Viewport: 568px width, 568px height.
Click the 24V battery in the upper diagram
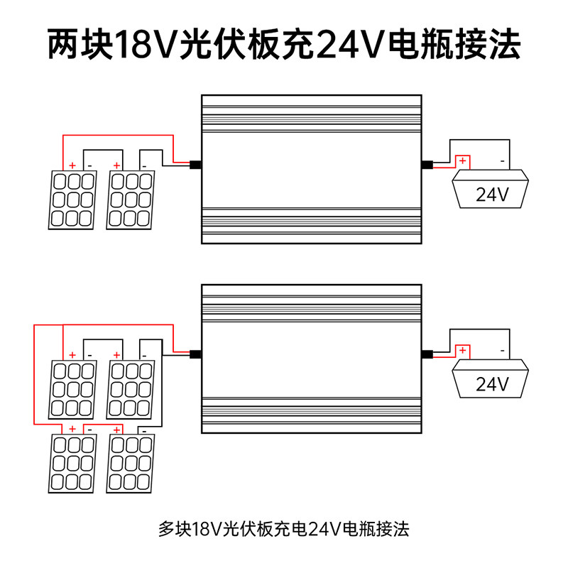pos(490,189)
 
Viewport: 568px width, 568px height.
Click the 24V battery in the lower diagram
pos(490,378)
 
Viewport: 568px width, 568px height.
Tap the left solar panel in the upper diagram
pos(72,200)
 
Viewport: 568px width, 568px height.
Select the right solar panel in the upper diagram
pos(131,200)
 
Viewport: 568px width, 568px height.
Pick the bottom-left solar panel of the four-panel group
pos(72,464)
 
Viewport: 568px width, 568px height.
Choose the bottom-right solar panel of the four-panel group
pos(131,464)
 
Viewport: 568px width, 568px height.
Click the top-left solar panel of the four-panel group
pos(72,390)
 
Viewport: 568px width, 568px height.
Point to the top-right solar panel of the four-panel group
pos(131,390)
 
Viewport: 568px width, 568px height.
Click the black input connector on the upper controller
pos(196,165)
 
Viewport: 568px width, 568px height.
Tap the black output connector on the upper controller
pos(427,165)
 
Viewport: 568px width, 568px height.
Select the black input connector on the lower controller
pos(196,354)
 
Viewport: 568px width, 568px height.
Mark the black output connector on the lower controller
pos(427,354)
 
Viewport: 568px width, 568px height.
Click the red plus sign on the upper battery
pos(463,160)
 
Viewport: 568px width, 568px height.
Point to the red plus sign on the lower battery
pos(463,350)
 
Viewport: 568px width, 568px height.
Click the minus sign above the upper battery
pos(503,161)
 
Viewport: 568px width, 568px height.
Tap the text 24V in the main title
pos(349,45)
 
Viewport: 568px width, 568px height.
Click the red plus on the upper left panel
pos(72,165)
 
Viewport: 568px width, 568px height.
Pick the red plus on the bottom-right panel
pos(116,430)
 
